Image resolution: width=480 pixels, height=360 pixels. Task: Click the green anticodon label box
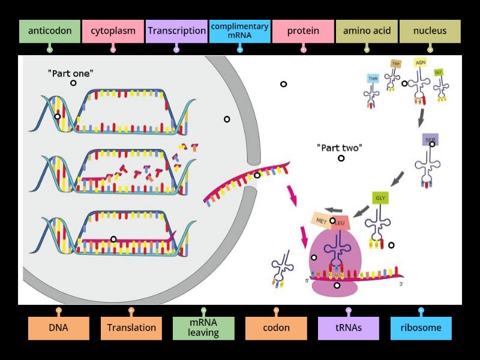[x=50, y=31]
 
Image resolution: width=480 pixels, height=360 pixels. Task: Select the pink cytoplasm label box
[x=113, y=31]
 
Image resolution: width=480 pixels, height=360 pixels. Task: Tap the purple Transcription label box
[x=176, y=31]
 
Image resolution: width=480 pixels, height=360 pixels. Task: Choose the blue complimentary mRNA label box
[x=239, y=31]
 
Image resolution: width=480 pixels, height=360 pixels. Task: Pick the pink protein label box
[x=303, y=31]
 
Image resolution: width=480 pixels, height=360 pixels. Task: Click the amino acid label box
[x=367, y=31]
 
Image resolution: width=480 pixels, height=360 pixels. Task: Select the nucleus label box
[x=430, y=31]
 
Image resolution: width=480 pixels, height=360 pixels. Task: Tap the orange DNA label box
[x=59, y=328]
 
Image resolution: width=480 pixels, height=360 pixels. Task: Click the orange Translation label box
[x=131, y=328]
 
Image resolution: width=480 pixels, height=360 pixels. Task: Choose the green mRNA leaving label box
[x=203, y=328]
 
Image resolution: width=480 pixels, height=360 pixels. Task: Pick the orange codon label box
[x=276, y=328]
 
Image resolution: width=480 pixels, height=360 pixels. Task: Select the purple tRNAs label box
[x=349, y=328]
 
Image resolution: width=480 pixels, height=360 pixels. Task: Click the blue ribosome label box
[x=421, y=328]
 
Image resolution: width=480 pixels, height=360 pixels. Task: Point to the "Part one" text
[x=70, y=73]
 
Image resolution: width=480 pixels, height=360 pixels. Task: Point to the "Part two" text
[x=340, y=148]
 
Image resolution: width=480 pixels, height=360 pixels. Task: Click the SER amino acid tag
[x=430, y=139]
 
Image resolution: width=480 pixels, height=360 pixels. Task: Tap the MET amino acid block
[x=320, y=220]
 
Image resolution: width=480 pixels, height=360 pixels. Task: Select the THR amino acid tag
[x=373, y=79]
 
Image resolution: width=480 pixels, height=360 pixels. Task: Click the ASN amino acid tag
[x=421, y=62]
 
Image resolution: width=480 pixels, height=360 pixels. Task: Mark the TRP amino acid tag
[x=395, y=64]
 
